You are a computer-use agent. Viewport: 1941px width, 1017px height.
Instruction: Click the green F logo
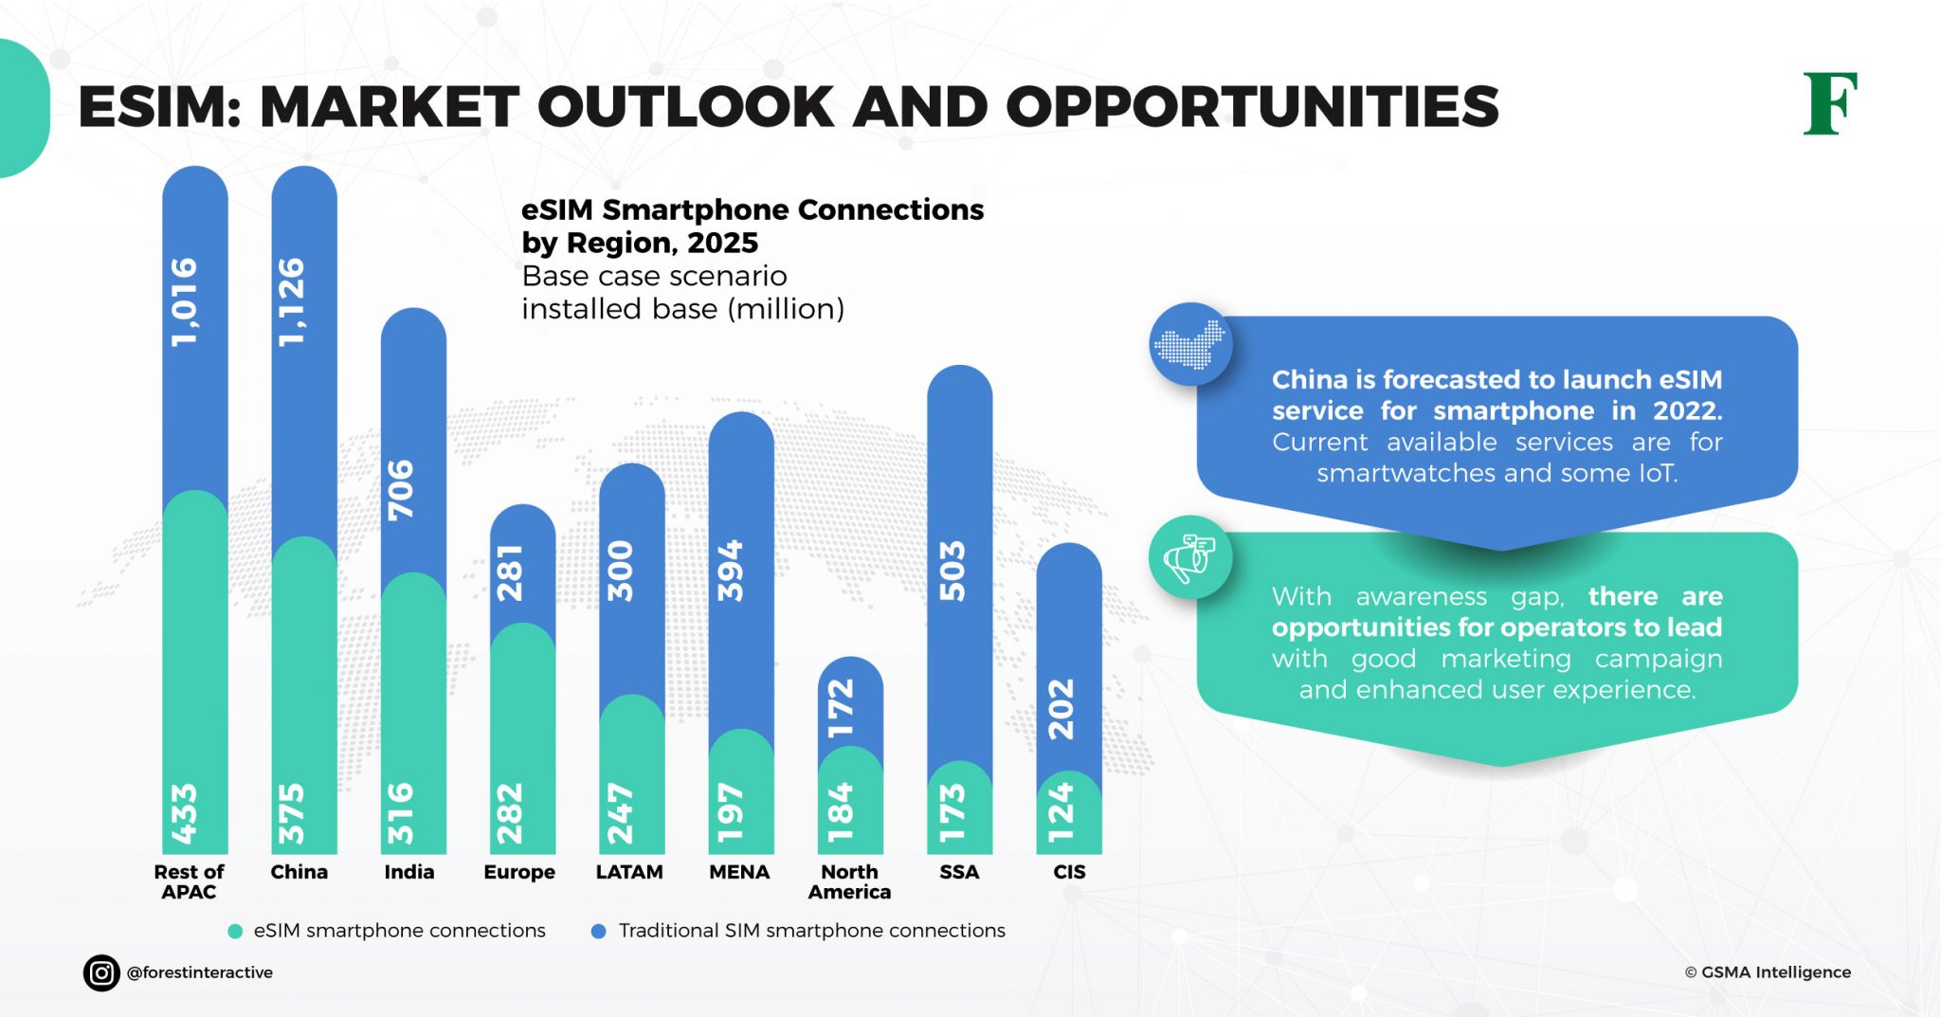(x=1829, y=103)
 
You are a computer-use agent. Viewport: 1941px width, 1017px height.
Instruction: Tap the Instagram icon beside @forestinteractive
(x=101, y=972)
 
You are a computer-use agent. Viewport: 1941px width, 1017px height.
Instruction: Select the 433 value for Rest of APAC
(x=184, y=813)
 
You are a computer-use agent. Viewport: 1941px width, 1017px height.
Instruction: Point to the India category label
(x=408, y=872)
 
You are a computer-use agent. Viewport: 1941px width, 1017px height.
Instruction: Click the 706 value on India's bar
(x=402, y=490)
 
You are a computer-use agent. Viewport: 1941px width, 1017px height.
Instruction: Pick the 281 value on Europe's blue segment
(x=511, y=572)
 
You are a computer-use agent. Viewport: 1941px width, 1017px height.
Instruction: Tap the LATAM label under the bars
(x=628, y=872)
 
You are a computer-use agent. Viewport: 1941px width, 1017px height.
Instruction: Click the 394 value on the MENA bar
(x=730, y=571)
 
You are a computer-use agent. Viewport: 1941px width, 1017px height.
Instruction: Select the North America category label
(x=849, y=881)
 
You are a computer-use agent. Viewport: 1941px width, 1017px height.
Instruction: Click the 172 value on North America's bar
(x=840, y=708)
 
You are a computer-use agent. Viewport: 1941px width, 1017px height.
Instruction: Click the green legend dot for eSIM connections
(x=235, y=932)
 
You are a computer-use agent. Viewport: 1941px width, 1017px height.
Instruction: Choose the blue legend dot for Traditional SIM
(x=598, y=932)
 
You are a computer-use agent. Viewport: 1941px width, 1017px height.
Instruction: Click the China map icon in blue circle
(x=1190, y=344)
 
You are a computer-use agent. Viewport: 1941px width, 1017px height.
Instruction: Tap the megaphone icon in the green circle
(x=1189, y=557)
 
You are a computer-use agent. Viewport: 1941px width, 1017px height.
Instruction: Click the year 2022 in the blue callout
(x=1685, y=410)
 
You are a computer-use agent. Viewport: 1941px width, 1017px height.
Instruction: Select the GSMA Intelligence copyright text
(x=1768, y=972)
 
